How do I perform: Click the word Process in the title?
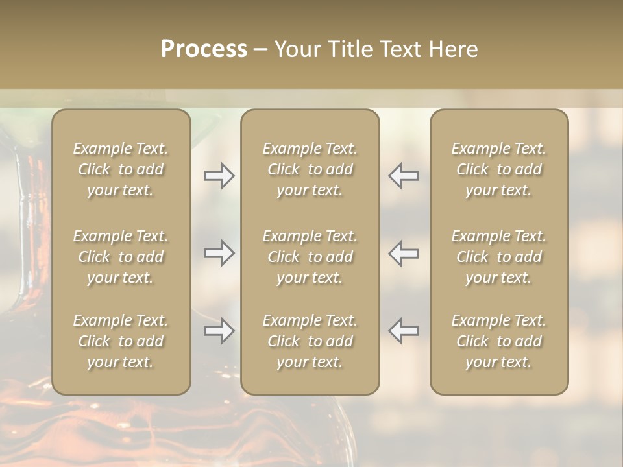point(204,49)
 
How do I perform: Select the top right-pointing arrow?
point(219,176)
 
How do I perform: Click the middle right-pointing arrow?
point(219,253)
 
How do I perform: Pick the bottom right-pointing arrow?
point(219,331)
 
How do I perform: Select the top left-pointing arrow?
point(404,176)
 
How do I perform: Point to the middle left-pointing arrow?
point(404,253)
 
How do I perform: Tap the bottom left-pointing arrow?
point(404,331)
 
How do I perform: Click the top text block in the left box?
point(121,169)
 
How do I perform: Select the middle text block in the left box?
point(121,257)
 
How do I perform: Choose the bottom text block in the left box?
point(121,341)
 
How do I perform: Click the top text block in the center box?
point(310,169)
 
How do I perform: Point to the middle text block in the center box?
point(310,257)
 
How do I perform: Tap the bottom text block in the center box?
point(310,341)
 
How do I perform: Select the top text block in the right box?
point(499,169)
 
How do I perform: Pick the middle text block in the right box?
point(499,257)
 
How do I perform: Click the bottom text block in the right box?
point(499,341)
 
